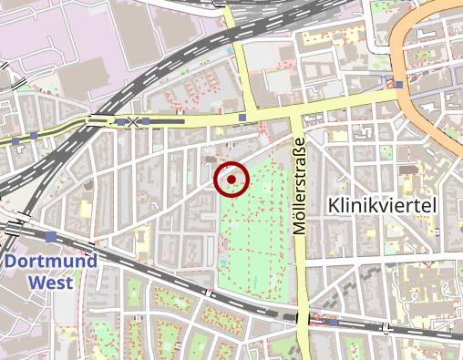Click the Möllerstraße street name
301,187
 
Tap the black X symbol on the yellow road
133,121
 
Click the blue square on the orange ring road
399,85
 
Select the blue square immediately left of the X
120,121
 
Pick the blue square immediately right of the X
146,121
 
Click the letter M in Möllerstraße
301,229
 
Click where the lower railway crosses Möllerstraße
302,317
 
